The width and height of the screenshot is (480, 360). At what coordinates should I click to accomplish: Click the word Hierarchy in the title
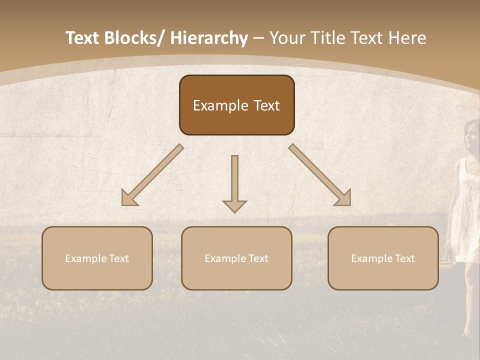pos(209,38)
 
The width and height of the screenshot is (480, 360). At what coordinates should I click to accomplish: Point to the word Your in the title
pos(287,38)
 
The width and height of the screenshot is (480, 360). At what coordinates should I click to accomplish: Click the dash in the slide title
pos(258,38)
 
